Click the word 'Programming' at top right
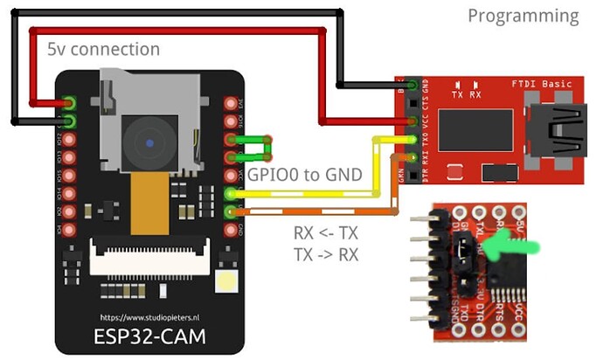523,16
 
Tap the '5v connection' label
103,49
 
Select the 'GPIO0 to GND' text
304,175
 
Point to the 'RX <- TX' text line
327,234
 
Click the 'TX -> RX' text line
327,254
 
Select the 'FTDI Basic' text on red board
541,84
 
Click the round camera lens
150,142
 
